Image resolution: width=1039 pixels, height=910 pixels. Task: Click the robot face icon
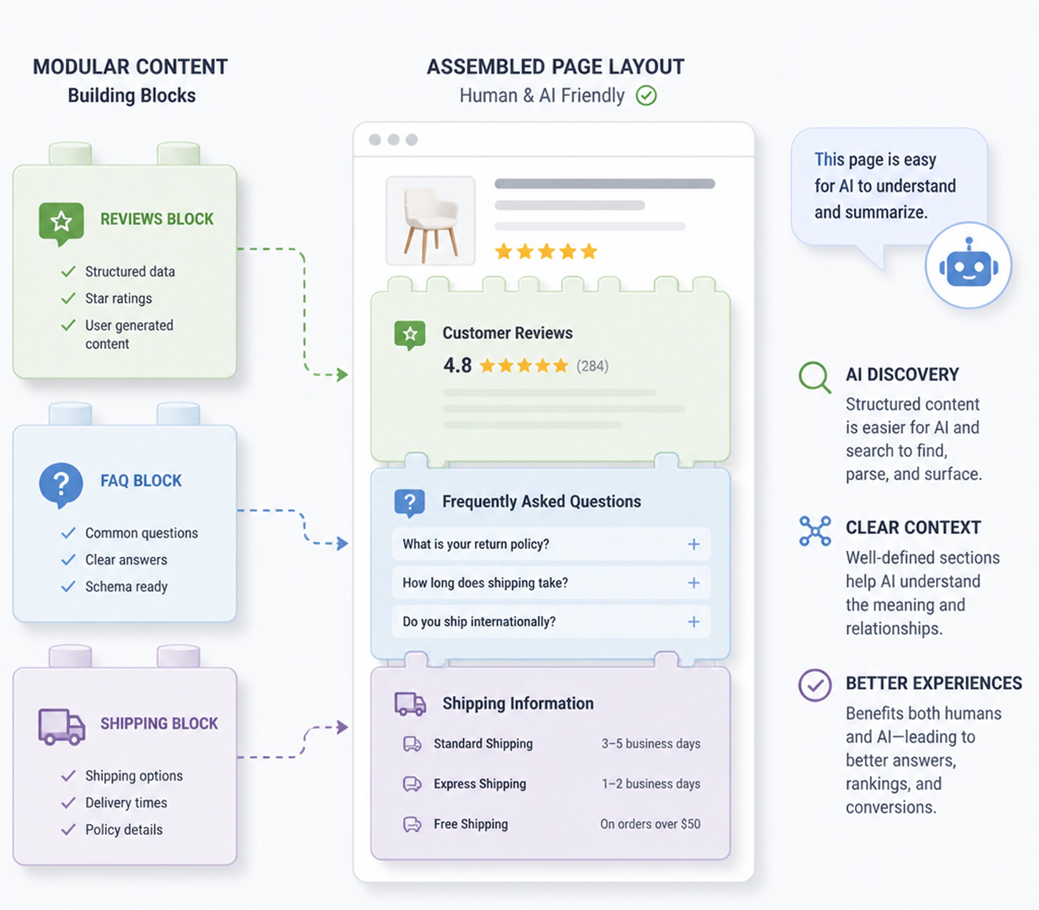969,265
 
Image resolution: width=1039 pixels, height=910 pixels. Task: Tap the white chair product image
430,220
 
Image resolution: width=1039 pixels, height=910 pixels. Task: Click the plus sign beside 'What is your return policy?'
693,544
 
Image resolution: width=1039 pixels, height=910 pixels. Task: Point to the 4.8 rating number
458,365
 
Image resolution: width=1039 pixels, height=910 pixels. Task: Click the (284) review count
592,366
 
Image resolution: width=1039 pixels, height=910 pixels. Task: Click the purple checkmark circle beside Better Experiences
815,686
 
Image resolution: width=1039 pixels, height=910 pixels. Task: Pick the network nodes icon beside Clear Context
815,531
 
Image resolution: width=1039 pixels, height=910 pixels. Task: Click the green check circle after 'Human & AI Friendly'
646,95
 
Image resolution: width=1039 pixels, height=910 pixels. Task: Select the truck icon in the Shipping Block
62,727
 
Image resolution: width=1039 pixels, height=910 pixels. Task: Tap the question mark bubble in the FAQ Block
61,485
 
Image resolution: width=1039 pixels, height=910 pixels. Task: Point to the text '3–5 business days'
651,744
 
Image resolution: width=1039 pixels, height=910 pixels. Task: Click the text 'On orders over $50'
650,824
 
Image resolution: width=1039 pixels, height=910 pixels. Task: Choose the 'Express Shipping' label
480,784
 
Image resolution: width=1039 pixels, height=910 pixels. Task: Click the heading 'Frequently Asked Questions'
542,502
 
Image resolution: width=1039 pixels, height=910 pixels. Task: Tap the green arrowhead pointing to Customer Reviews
342,375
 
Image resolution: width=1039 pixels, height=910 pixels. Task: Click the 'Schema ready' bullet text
126,587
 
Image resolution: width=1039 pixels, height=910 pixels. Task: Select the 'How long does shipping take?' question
485,583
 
